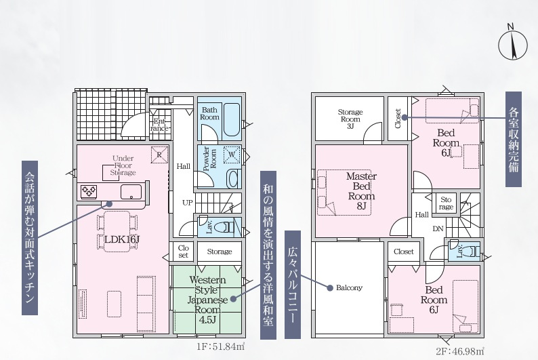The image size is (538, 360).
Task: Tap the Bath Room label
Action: tap(209, 114)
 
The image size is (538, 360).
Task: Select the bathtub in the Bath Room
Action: tap(232, 120)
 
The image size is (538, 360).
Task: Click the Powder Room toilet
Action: tap(233, 179)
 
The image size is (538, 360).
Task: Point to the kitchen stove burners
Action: tap(89, 191)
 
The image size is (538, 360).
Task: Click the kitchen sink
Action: tap(131, 191)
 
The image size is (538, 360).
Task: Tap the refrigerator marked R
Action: tap(159, 155)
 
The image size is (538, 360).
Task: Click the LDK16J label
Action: tap(122, 239)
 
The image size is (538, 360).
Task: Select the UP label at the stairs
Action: tap(187, 203)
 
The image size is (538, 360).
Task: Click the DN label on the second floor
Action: tap(438, 228)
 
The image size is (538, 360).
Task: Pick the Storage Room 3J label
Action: tap(350, 119)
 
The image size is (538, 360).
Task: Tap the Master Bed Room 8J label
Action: tap(361, 191)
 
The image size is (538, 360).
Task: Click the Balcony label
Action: tap(349, 287)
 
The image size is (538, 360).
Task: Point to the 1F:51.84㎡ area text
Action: tap(220, 346)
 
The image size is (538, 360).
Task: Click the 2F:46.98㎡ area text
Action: tap(460, 351)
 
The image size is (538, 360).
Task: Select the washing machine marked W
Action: tap(232, 155)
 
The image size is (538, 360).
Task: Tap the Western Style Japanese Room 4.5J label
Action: tap(207, 300)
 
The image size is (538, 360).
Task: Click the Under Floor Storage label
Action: tap(123, 165)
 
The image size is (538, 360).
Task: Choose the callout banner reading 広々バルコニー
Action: tap(293, 285)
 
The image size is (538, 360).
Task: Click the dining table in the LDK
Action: tap(117, 232)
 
